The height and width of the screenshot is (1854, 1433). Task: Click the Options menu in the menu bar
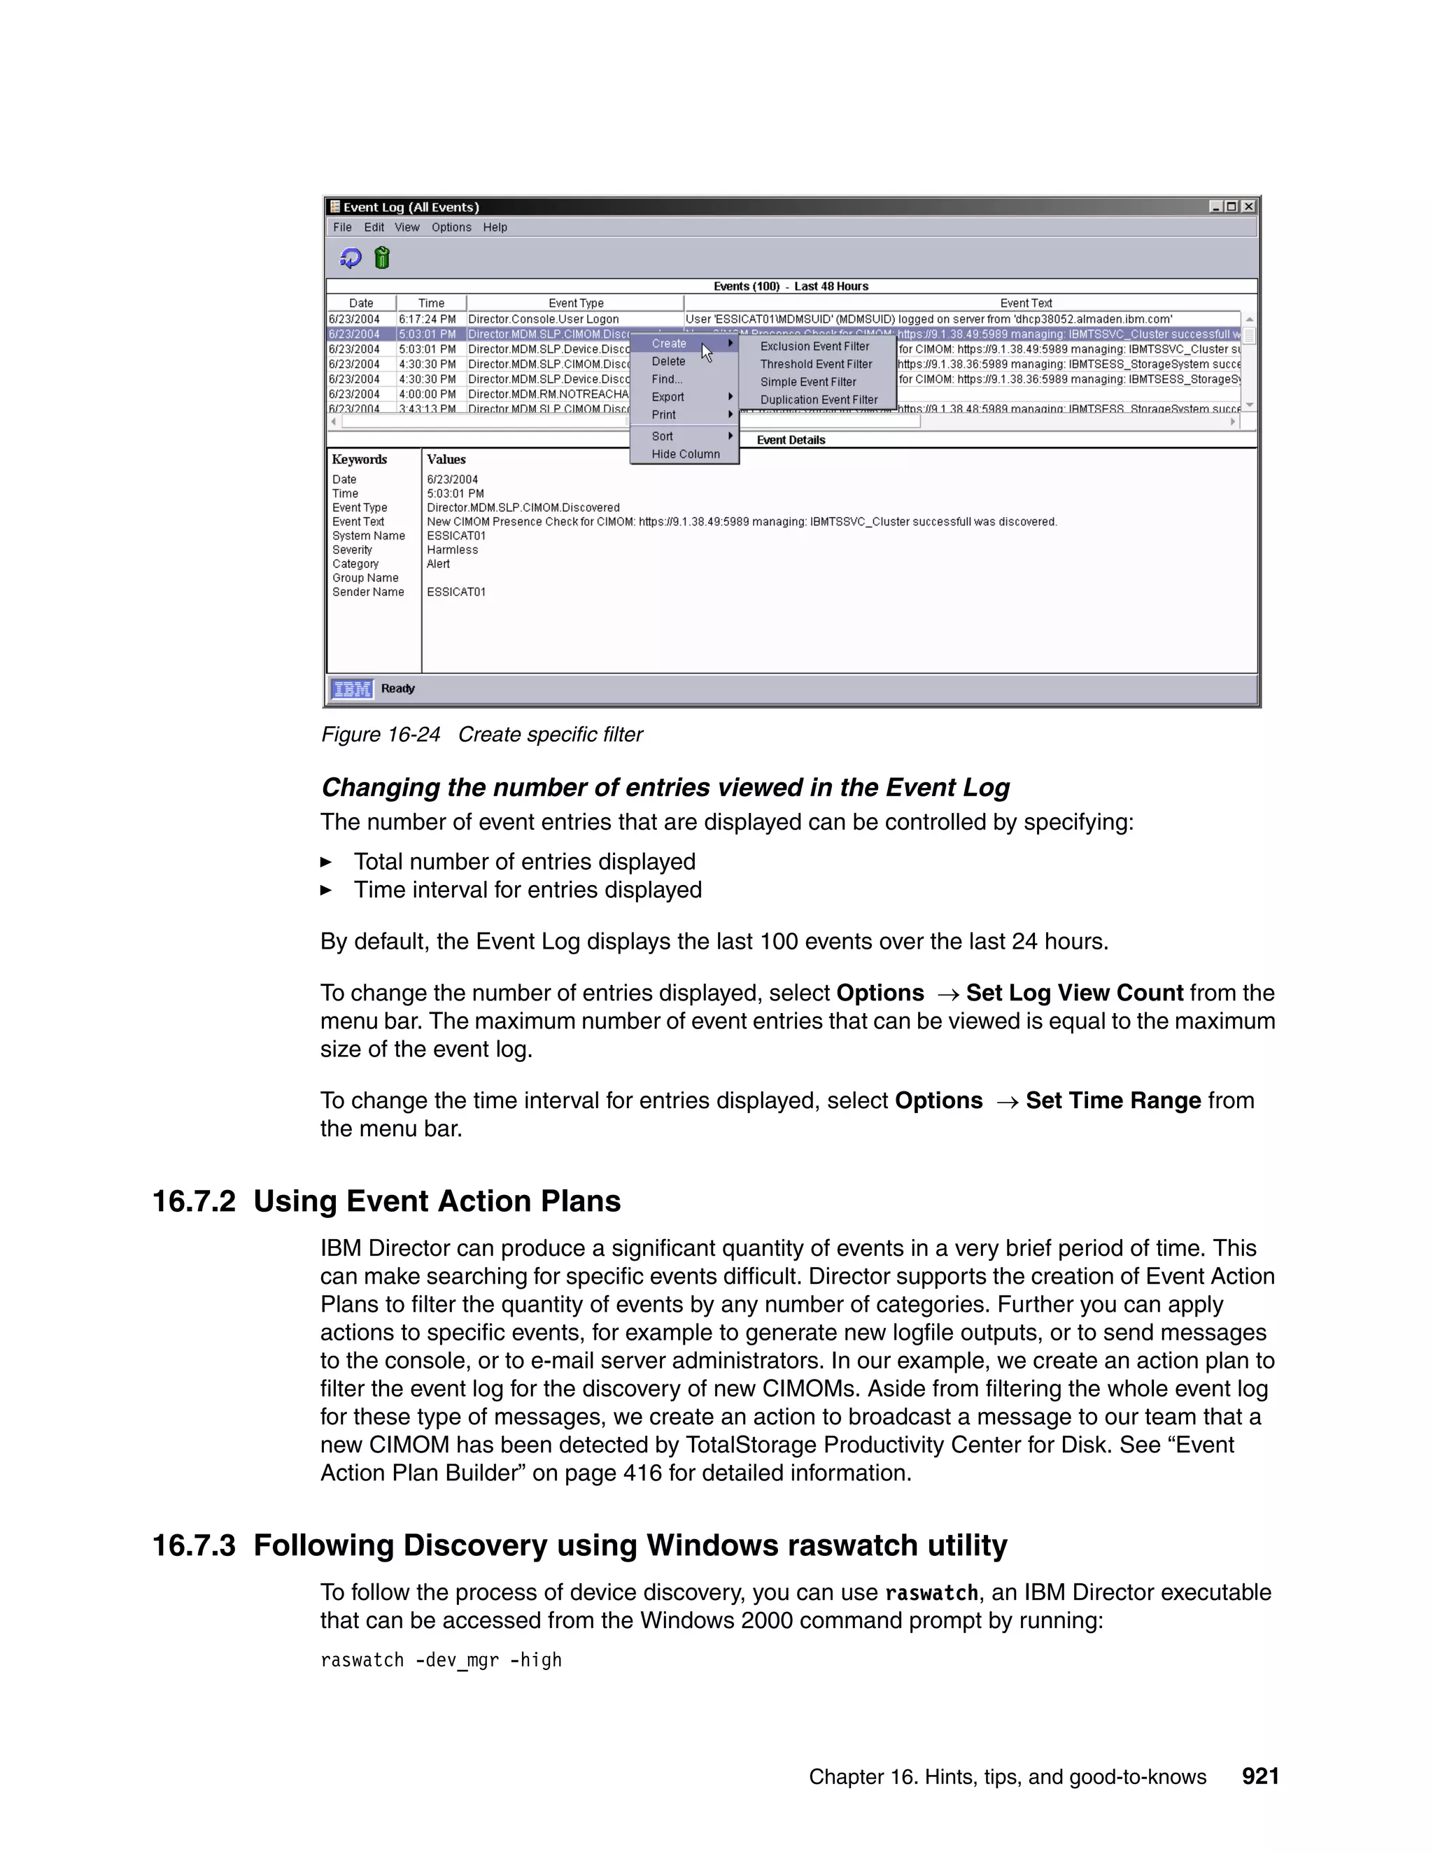[451, 227]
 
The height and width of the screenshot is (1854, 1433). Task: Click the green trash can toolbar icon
[382, 258]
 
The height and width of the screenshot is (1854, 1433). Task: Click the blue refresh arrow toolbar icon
[351, 258]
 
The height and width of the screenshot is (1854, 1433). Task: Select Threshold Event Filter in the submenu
[815, 365]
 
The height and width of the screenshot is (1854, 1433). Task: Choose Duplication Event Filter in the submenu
[819, 399]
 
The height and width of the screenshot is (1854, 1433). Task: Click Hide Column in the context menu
[685, 454]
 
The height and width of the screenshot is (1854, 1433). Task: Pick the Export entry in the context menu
[668, 397]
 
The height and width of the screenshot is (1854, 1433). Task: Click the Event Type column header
[576, 303]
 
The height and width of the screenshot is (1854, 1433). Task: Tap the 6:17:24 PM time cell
[427, 319]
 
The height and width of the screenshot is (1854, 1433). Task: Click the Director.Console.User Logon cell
[543, 319]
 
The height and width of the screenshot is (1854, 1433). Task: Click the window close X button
[1248, 206]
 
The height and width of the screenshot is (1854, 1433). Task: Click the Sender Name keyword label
[367, 593]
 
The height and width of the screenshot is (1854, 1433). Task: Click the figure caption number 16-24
[413, 735]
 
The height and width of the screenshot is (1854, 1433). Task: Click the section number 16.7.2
[194, 1202]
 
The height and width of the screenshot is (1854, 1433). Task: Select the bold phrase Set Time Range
[1112, 1101]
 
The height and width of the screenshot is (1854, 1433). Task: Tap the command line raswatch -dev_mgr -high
[441, 1660]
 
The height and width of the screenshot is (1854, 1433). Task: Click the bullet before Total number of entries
[326, 863]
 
